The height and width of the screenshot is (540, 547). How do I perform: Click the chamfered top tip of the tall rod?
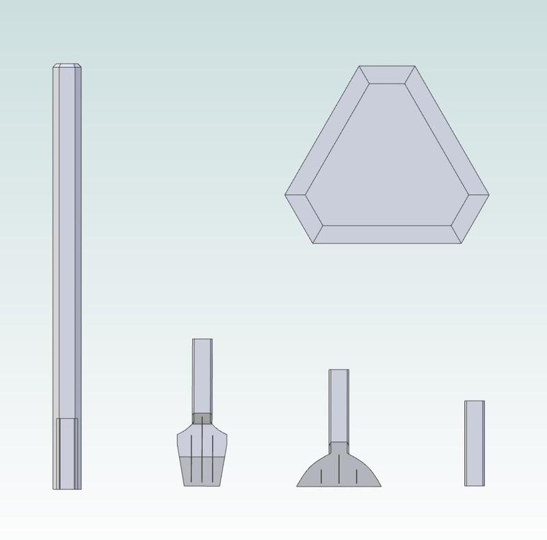pyautogui.click(x=68, y=66)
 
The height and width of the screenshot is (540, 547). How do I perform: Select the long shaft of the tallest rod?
pyautogui.click(x=68, y=240)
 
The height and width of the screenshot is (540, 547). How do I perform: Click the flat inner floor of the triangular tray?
pyautogui.click(x=387, y=157)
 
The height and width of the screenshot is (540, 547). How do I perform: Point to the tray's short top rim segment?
pyautogui.click(x=387, y=75)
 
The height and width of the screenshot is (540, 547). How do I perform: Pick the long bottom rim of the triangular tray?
pyautogui.click(x=386, y=233)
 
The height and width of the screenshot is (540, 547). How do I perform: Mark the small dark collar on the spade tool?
pyautogui.click(x=202, y=418)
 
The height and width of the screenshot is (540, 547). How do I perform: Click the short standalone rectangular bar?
pyautogui.click(x=475, y=443)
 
